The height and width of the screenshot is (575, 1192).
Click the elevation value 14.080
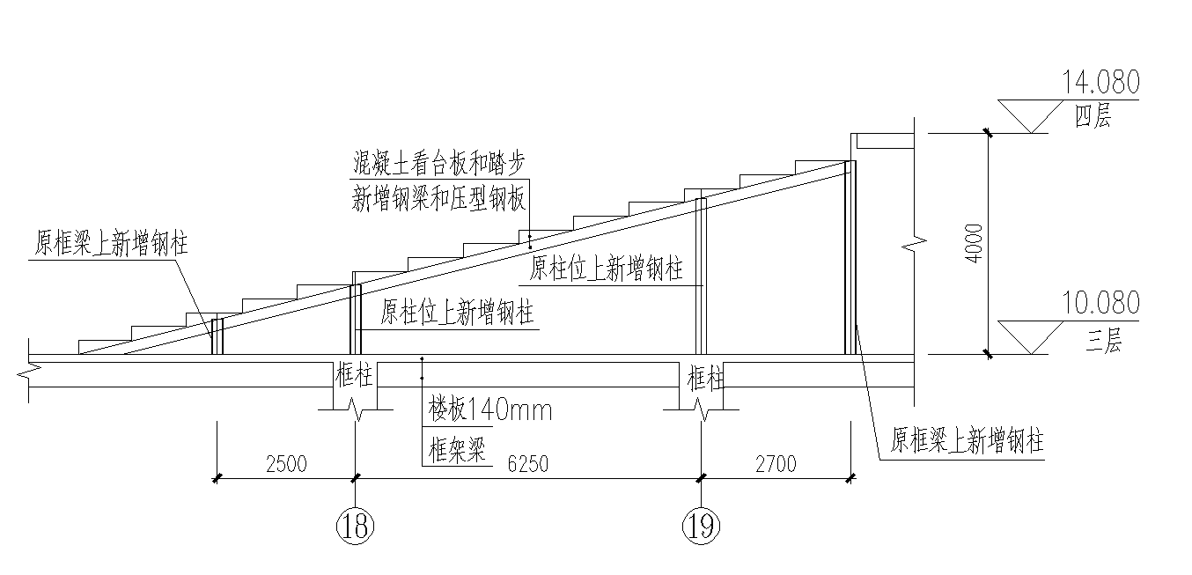pyautogui.click(x=1100, y=84)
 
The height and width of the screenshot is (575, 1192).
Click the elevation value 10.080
pyautogui.click(x=1100, y=304)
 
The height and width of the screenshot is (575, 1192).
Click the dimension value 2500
pyautogui.click(x=284, y=464)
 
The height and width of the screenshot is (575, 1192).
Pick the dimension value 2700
pyautogui.click(x=774, y=464)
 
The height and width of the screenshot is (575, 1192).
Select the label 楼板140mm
pyautogui.click(x=489, y=409)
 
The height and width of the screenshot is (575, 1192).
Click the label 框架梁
pyautogui.click(x=457, y=452)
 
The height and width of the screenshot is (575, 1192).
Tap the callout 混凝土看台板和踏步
pyautogui.click(x=438, y=163)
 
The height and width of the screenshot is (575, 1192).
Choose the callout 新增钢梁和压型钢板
pyautogui.click(x=438, y=199)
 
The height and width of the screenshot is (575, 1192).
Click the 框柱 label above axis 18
pyautogui.click(x=354, y=377)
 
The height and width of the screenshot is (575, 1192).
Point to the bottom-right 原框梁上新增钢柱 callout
pyautogui.click(x=967, y=440)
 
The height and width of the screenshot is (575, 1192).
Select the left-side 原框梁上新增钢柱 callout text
pyautogui.click(x=111, y=244)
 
